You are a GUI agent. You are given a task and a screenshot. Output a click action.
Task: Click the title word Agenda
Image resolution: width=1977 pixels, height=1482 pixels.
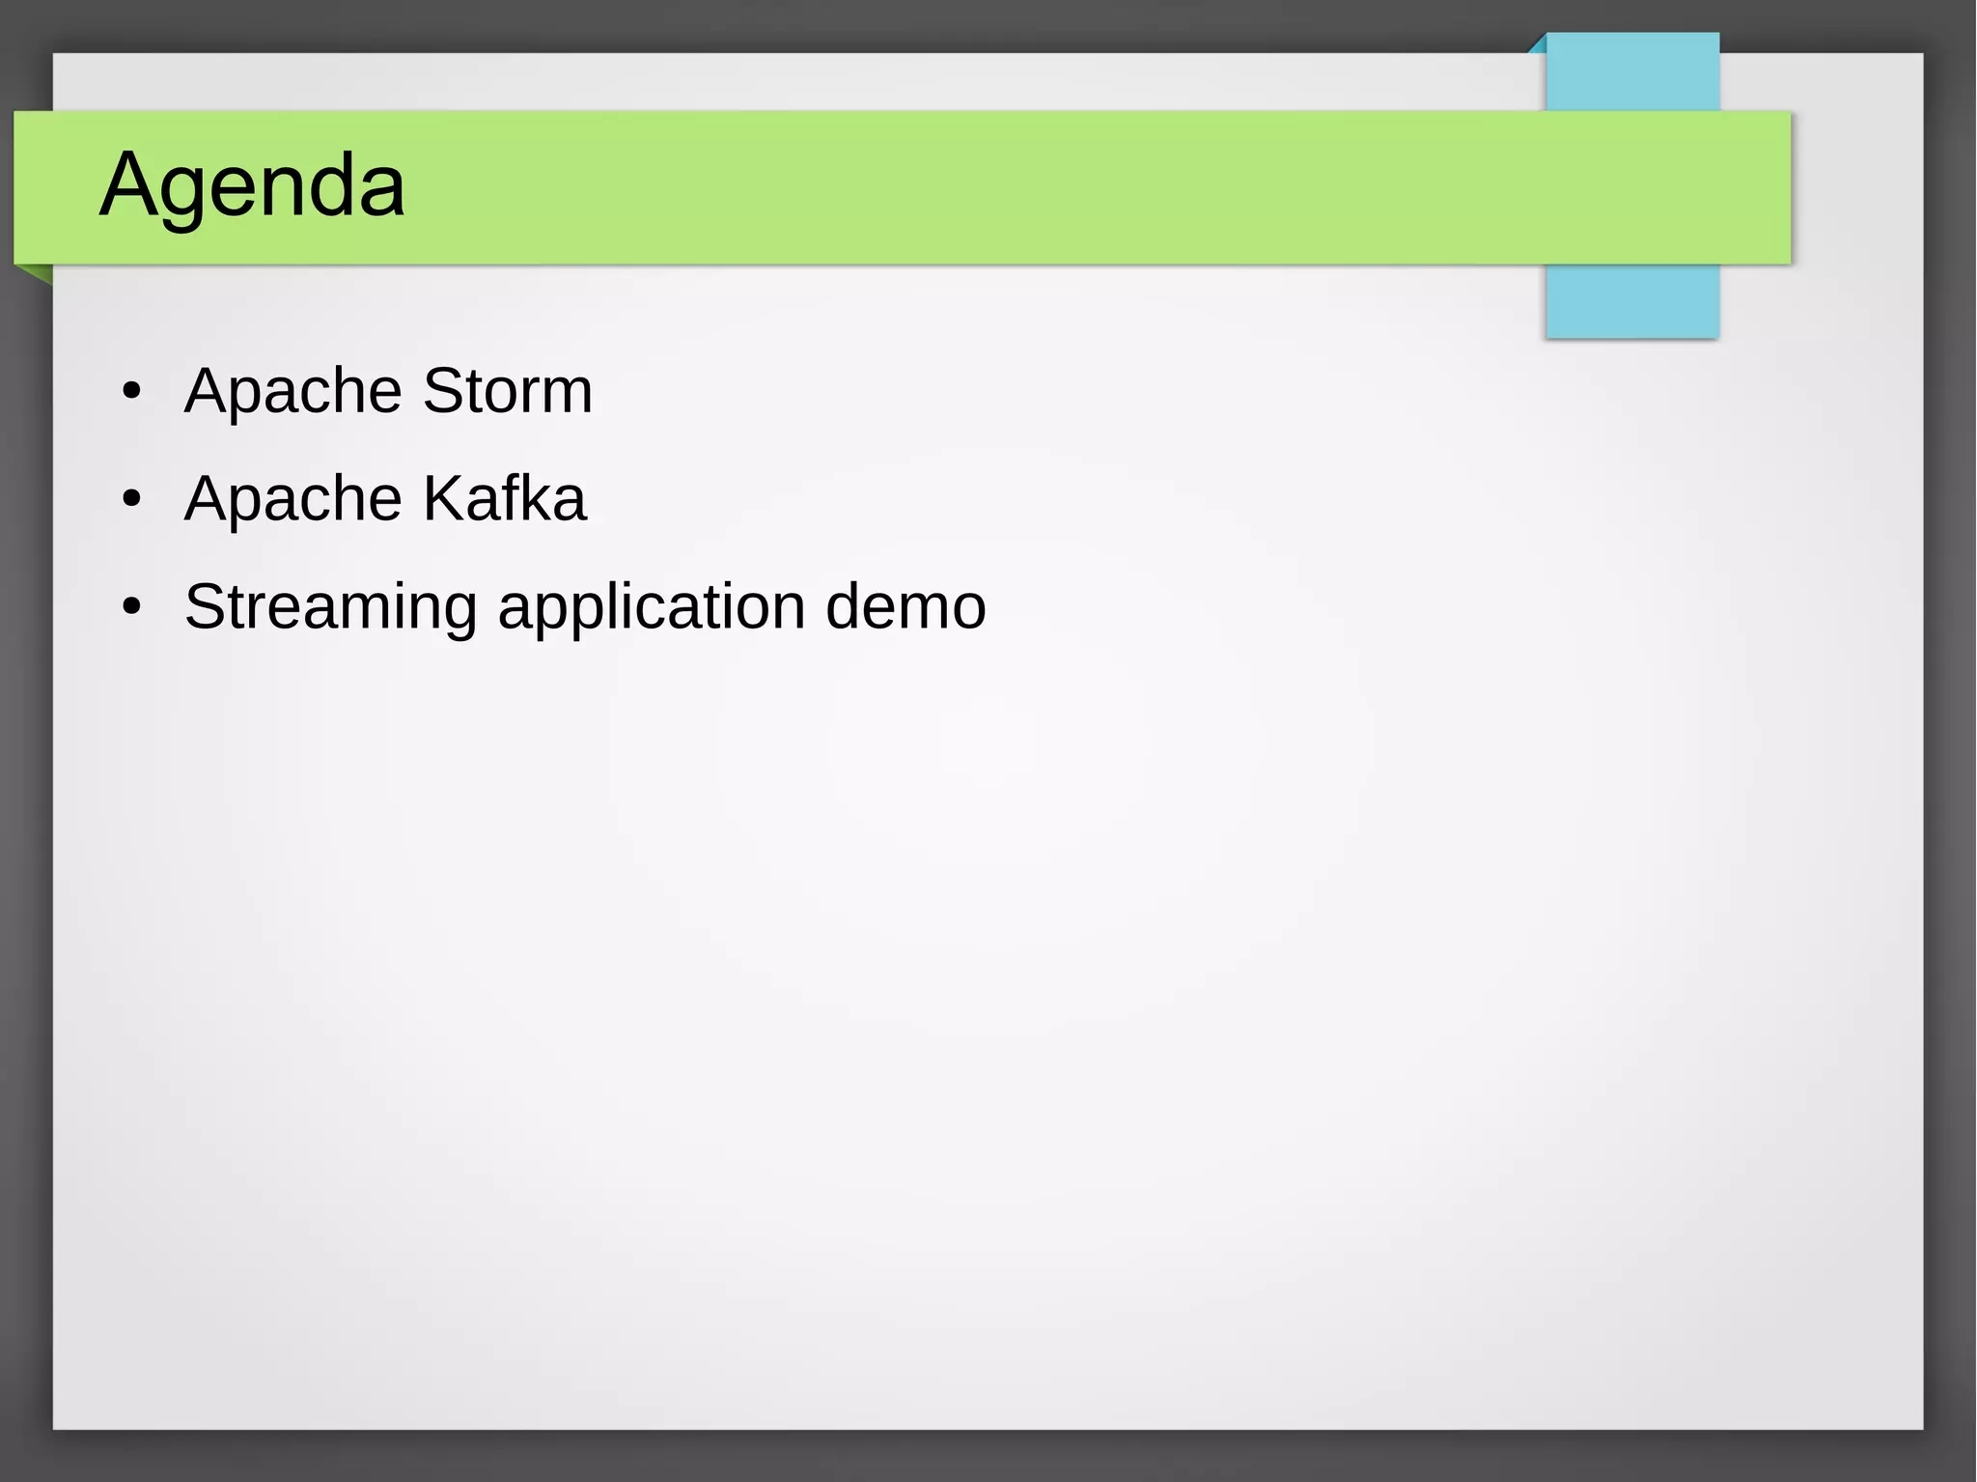click(252, 184)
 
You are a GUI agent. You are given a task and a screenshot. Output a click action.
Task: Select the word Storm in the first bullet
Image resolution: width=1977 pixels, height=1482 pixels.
click(507, 391)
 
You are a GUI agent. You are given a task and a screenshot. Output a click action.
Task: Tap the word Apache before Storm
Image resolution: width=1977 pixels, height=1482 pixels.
click(292, 391)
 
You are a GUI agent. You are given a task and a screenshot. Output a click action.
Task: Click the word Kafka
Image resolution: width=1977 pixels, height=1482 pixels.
click(504, 499)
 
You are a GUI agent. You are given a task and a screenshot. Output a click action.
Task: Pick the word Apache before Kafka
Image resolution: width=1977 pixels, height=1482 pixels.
click(292, 499)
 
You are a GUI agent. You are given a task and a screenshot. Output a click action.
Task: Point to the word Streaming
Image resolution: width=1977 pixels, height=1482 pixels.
click(330, 607)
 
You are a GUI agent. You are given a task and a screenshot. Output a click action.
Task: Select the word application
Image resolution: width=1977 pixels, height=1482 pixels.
click(651, 607)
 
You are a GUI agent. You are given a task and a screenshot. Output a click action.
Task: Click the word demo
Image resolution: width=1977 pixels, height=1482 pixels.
click(905, 607)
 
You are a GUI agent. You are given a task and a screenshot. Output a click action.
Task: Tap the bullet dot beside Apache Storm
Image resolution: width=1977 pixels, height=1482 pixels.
click(132, 392)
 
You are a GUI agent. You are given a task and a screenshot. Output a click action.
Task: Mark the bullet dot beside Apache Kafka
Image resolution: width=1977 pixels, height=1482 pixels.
click(132, 500)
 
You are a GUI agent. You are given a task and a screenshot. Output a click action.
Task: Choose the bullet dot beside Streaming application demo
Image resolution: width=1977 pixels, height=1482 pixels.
click(132, 608)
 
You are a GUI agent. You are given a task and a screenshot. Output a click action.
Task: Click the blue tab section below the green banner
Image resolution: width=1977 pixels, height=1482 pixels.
click(1631, 301)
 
